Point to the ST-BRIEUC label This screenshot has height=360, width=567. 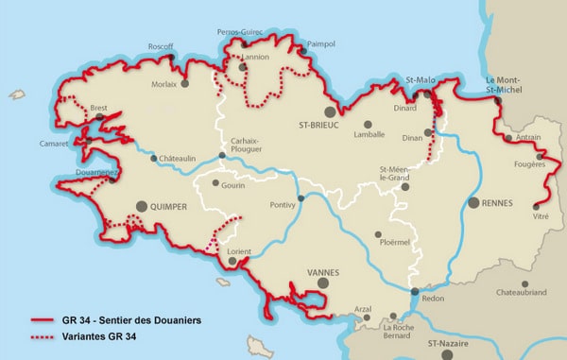(x=318, y=124)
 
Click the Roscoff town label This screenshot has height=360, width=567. (x=160, y=45)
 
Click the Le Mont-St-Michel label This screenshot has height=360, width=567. (x=505, y=84)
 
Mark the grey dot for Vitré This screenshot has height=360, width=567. (x=537, y=206)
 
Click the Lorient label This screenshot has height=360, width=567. (x=240, y=252)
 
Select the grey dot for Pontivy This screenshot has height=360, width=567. (x=301, y=198)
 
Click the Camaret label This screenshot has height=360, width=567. (x=54, y=145)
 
